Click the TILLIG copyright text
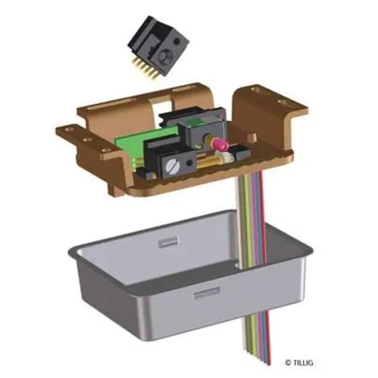tap(299, 363)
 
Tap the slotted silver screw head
tap(172, 166)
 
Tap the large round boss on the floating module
tap(164, 56)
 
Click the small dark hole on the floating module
tap(176, 41)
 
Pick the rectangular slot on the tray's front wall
tap(207, 293)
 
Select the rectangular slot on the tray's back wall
tap(168, 242)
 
